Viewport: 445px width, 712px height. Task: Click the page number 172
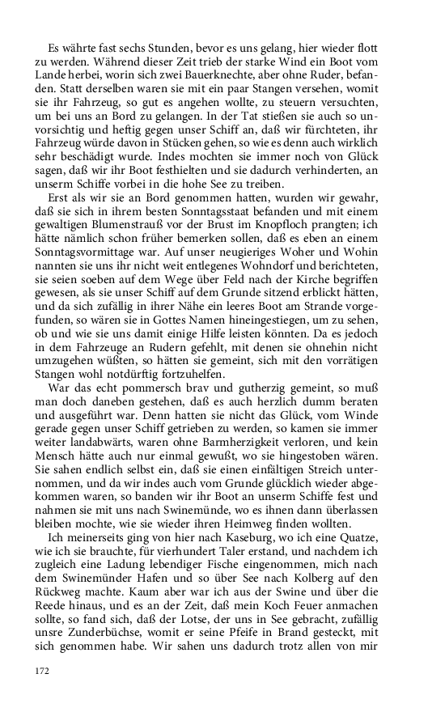tap(41, 671)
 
